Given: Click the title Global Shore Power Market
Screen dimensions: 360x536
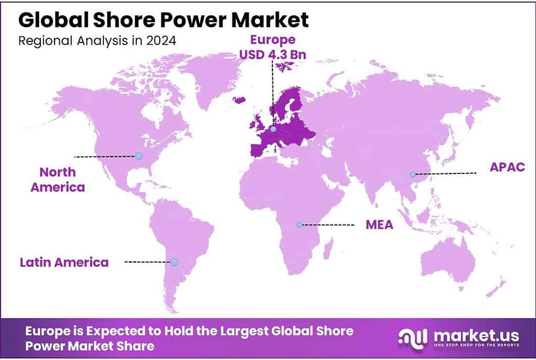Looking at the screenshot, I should [163, 20].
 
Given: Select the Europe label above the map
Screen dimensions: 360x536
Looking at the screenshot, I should [271, 40].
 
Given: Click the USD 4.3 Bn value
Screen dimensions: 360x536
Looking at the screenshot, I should [271, 54].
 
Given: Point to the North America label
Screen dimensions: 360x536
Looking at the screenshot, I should [58, 179].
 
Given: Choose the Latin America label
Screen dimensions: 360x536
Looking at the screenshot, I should [64, 262].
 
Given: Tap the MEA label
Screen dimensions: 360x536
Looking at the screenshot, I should [379, 225].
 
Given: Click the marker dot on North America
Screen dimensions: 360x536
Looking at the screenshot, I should [138, 156].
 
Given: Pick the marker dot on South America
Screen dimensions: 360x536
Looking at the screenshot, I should [174, 261].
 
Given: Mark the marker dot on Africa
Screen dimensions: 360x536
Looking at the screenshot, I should [299, 224].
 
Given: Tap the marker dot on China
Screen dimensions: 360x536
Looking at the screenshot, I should [413, 174].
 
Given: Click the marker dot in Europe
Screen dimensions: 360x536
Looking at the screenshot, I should [273, 128].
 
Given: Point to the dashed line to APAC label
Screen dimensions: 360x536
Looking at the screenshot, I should [445, 173].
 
